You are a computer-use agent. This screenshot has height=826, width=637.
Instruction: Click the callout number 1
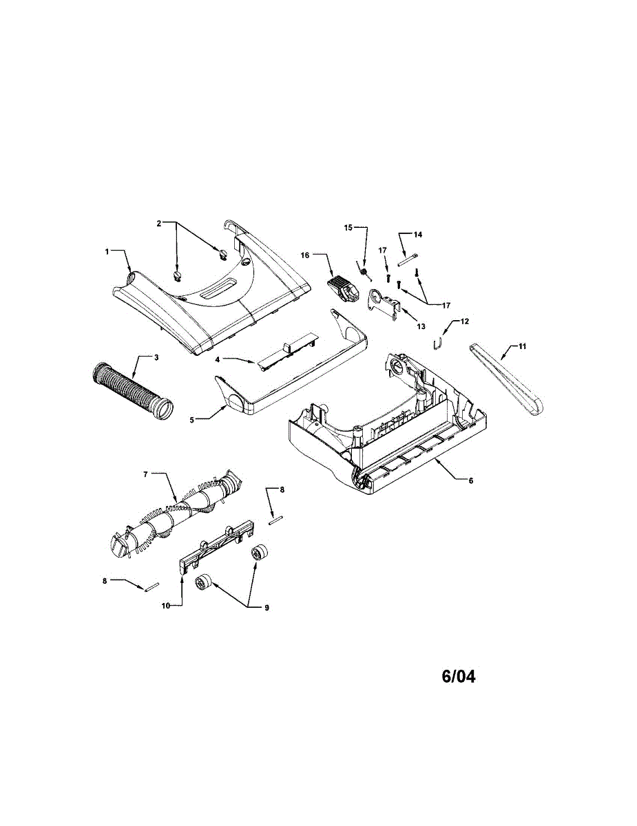[107, 252]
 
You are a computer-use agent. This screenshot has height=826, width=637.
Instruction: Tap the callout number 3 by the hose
[156, 357]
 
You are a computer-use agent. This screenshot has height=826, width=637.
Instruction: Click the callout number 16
[305, 255]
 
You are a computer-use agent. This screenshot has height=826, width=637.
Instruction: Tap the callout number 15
[348, 228]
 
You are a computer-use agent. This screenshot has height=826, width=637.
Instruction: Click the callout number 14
[418, 235]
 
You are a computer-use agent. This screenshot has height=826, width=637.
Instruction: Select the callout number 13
[421, 326]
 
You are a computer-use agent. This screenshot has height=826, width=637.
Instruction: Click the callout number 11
[523, 346]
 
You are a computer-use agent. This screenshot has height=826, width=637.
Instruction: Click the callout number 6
[471, 481]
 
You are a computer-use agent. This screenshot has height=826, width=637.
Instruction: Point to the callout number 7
[146, 474]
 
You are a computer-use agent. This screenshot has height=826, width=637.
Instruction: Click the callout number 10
[166, 606]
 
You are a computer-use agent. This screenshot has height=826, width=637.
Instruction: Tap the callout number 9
[267, 608]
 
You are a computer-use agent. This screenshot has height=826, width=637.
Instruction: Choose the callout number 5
[192, 420]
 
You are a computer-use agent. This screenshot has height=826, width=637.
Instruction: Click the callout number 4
[217, 359]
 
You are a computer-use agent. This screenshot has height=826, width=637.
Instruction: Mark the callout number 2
[159, 223]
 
